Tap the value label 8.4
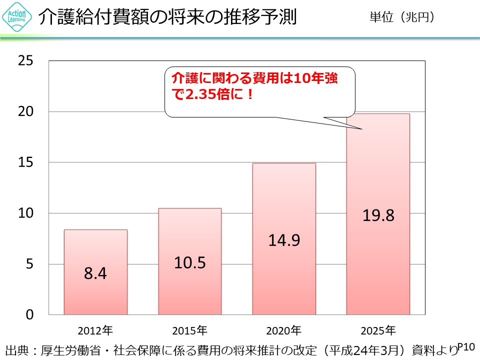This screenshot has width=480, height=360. click(x=95, y=274)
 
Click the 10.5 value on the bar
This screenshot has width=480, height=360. click(x=189, y=262)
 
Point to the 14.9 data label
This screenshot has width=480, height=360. click(x=284, y=240)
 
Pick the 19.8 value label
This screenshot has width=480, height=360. click(x=378, y=215)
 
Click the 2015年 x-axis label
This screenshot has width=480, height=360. click(x=189, y=330)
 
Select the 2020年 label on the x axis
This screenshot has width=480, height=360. click(x=284, y=330)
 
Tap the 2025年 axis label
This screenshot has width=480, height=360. click(x=378, y=330)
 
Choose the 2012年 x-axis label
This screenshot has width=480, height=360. click(x=95, y=330)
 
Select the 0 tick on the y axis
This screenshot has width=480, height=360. click(x=29, y=314)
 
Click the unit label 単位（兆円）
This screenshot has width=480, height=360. click(x=401, y=17)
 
